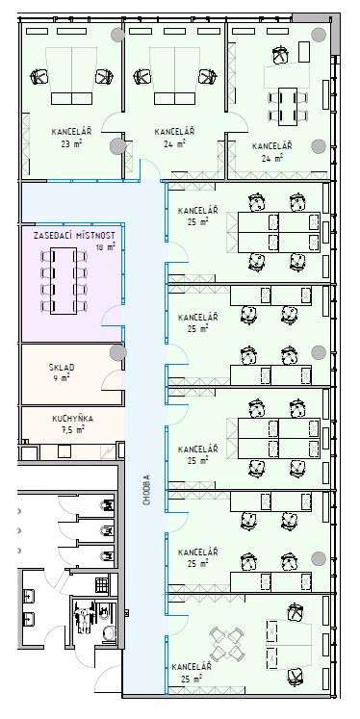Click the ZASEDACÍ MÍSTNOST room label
[74, 235]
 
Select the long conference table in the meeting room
[64, 281]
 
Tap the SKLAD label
[62, 368]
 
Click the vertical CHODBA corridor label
[146, 490]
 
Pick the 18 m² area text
[105, 247]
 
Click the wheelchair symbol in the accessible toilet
[85, 618]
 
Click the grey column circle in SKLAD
[117, 352]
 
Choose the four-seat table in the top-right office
[288, 107]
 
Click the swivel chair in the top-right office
[280, 55]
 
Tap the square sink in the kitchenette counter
[64, 452]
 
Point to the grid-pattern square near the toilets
[102, 584]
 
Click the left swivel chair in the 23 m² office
[39, 76]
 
